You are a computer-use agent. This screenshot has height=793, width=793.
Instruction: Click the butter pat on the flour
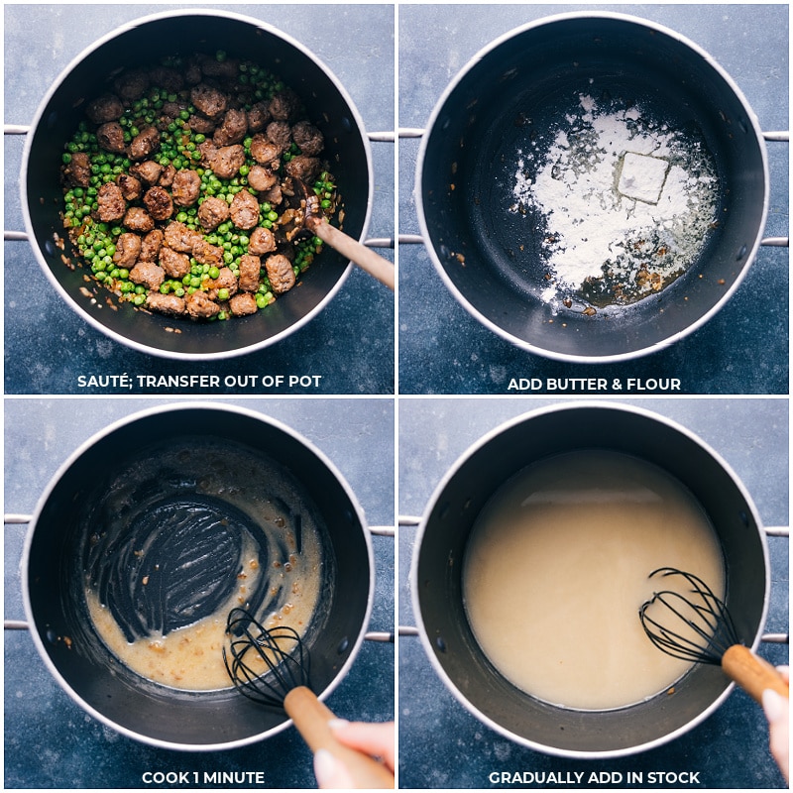point(642,176)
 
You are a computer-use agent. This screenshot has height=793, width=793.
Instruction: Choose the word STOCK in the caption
point(675,777)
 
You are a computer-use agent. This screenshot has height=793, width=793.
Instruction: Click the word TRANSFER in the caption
point(187,382)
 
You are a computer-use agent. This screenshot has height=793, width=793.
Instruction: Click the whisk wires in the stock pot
point(686,617)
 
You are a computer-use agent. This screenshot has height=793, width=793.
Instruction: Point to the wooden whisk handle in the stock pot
point(753,672)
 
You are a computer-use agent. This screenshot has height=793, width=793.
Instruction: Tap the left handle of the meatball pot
point(15,183)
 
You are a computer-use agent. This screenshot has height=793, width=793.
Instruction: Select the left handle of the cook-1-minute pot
point(15,572)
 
